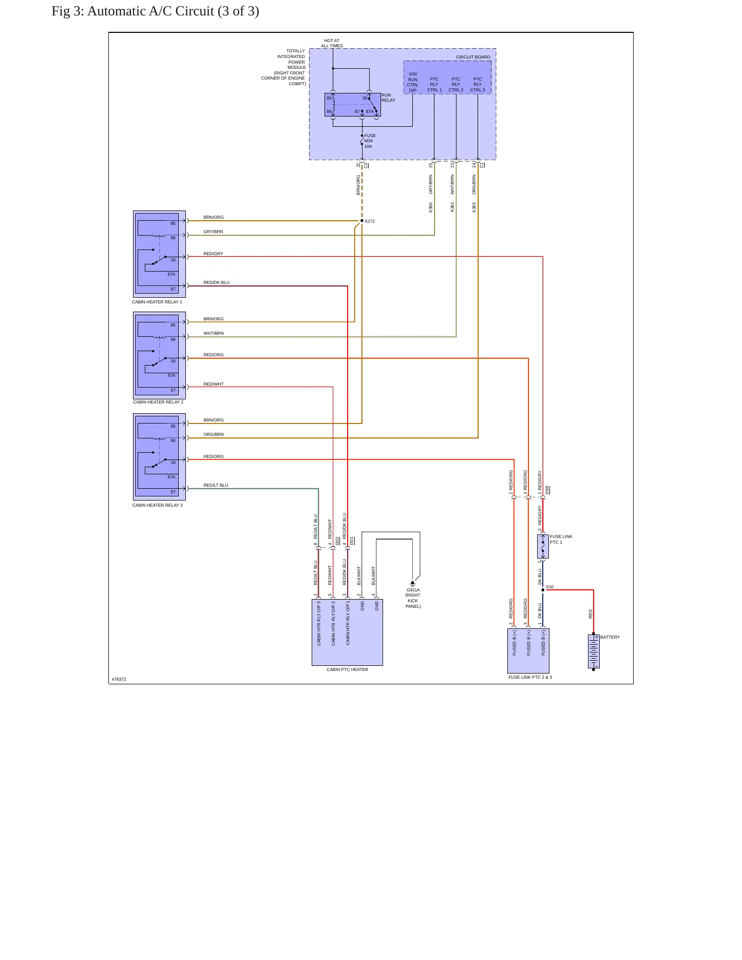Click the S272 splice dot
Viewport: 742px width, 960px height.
[x=362, y=221]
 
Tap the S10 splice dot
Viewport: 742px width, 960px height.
[x=543, y=590]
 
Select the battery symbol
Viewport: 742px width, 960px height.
[x=594, y=652]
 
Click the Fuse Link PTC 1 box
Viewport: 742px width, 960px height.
[x=543, y=546]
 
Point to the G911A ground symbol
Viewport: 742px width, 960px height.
[x=412, y=584]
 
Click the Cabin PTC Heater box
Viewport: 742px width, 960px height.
[x=347, y=632]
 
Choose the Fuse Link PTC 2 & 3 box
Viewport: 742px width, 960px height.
[x=528, y=651]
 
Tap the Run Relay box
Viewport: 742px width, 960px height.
[x=353, y=105]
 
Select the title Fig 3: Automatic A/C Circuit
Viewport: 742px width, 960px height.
[x=155, y=11]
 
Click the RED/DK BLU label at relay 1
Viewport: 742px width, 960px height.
[x=216, y=282]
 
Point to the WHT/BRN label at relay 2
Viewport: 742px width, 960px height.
[x=214, y=333]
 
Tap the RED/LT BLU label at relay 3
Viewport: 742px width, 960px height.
[x=216, y=485]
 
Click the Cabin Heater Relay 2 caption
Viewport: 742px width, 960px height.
[x=158, y=402]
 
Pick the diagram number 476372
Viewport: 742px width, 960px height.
[x=119, y=679]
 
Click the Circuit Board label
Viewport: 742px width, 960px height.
[x=473, y=57]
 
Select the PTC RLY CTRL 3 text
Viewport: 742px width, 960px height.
[x=478, y=85]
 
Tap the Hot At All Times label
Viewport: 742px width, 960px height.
[x=332, y=43]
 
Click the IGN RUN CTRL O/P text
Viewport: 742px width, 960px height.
[x=413, y=82]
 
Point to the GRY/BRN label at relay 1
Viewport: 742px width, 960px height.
[x=213, y=232]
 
